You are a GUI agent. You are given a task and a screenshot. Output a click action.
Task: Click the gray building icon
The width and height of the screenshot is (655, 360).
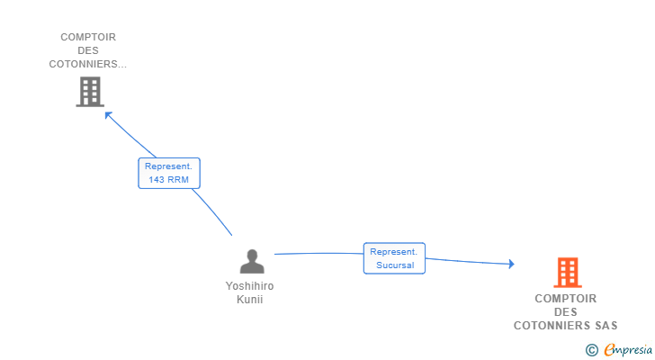(89, 91)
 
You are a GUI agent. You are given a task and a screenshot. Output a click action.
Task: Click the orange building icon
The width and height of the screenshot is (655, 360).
(567, 272)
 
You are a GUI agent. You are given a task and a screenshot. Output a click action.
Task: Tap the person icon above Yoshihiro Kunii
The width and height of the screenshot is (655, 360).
(252, 261)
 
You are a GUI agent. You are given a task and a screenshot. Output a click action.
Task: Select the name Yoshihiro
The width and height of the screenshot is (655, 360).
(249, 286)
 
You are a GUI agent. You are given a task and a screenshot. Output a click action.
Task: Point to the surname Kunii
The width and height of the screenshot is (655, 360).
(249, 300)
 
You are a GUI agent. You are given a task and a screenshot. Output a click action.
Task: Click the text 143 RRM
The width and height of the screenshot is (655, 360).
(169, 180)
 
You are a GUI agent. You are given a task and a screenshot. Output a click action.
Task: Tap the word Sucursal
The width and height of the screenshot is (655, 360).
(395, 265)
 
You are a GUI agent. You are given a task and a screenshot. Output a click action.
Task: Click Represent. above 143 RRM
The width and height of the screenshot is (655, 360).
(169, 166)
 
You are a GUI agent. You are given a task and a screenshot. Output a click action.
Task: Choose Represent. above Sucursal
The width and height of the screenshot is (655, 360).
(394, 252)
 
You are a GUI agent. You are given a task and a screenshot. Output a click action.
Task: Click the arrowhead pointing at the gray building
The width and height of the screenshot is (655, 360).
(107, 113)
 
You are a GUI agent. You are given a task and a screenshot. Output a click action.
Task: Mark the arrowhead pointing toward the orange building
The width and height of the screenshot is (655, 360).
(510, 264)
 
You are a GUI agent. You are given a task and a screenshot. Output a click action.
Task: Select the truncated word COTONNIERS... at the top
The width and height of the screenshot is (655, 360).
(88, 64)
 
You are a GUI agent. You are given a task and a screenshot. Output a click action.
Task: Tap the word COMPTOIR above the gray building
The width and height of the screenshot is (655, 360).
(88, 37)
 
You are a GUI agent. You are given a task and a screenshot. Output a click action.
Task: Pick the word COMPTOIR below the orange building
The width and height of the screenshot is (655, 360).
(566, 299)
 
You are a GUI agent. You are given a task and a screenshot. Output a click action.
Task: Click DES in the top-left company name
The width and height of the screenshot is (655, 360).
(88, 50)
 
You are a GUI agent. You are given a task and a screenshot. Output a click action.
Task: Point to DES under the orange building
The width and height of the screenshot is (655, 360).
(566, 312)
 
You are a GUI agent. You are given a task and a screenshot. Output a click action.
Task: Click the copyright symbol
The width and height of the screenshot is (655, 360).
(591, 349)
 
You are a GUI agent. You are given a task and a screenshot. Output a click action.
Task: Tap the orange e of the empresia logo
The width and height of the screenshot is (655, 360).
(608, 349)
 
